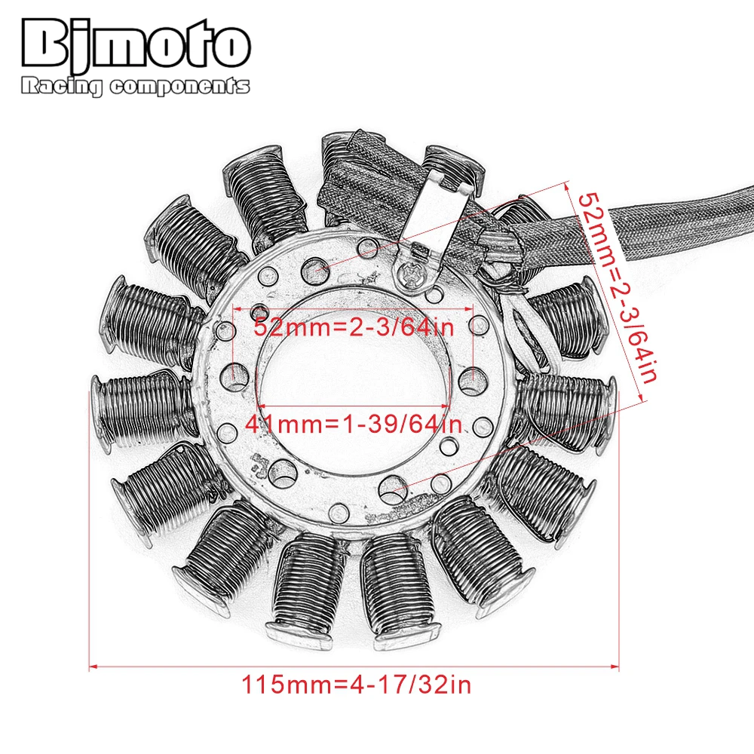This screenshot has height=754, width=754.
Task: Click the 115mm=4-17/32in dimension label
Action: point(356,685)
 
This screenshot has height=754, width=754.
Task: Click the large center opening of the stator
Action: point(354,377)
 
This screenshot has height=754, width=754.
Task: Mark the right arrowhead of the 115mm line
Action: point(616,667)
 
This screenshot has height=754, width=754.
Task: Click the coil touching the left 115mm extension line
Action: point(139,406)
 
